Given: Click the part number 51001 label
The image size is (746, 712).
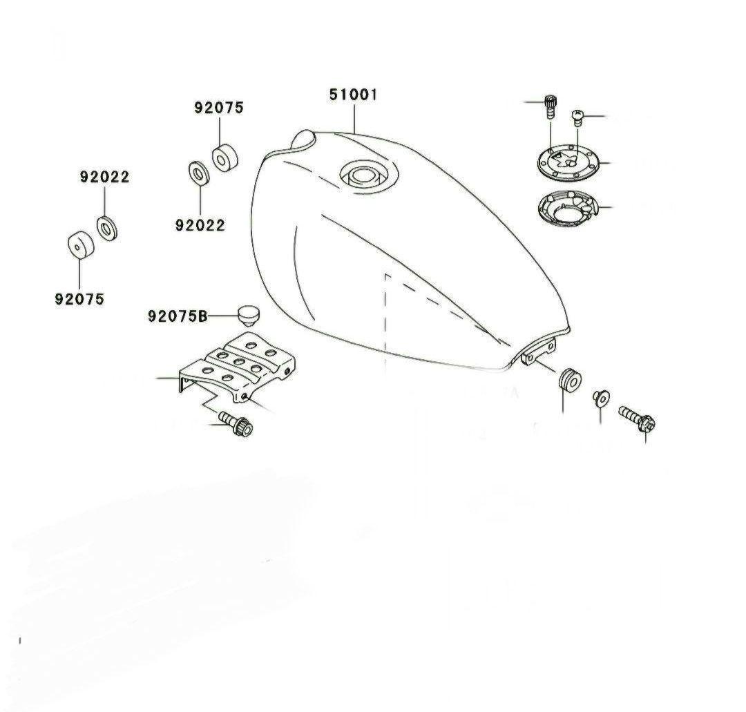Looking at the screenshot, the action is point(353,95).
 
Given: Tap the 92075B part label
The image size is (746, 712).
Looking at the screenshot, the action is point(178,316).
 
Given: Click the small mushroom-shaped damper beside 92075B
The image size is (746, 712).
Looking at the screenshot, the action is point(247,316).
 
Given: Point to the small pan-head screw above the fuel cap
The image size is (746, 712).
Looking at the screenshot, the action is point(577,117).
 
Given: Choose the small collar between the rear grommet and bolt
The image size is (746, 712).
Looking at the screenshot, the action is point(601,398).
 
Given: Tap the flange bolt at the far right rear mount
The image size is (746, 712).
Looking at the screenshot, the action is point(637,418).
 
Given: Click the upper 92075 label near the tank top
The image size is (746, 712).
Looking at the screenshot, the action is point(218,108).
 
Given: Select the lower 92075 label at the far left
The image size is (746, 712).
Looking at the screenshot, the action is point(79,299).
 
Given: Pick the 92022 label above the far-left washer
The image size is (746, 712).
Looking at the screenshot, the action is point(104,177).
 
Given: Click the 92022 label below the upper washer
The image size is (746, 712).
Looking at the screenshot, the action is point(200,225).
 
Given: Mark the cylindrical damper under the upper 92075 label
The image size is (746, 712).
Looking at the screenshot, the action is point(224,157).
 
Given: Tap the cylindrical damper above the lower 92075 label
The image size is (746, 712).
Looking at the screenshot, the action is point(80,245).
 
